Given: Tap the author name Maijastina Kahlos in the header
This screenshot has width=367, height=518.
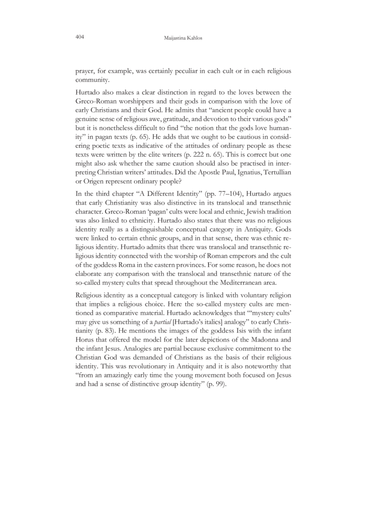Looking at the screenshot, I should pos(183,38).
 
